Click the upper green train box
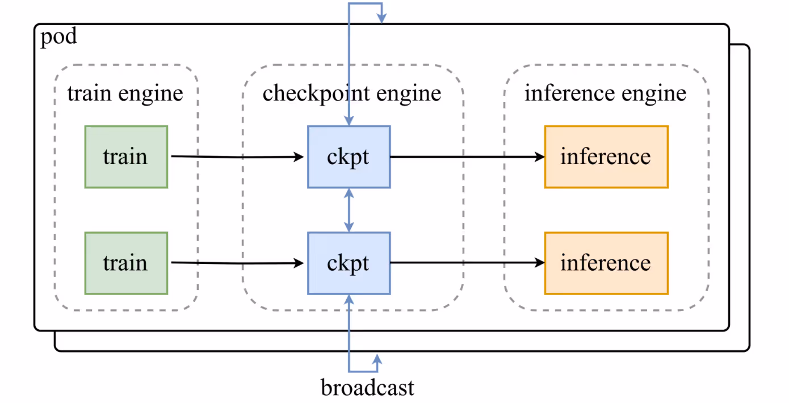click(126, 157)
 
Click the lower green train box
click(126, 263)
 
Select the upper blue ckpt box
click(349, 157)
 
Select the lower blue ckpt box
click(349, 263)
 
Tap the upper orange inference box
click(606, 157)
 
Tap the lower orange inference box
click(606, 263)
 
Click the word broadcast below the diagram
click(367, 388)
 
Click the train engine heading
click(125, 94)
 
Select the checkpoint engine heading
click(352, 94)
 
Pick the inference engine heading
click(605, 94)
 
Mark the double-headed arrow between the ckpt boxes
click(349, 210)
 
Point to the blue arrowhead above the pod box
click(381, 19)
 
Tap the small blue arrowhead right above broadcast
click(376, 358)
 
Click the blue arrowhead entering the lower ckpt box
click(349, 299)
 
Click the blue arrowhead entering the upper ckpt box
click(349, 121)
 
